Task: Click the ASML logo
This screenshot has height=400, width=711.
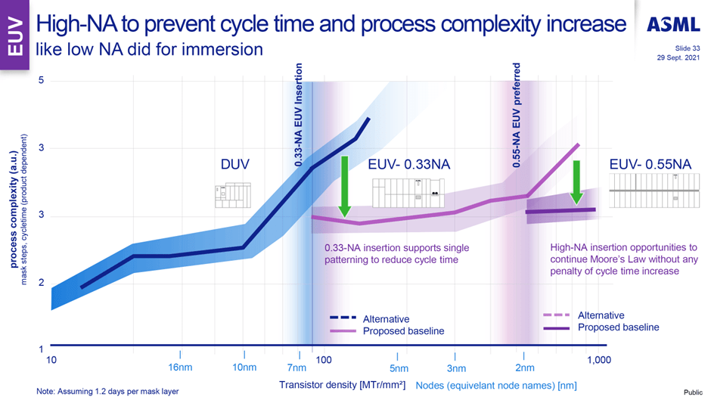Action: [673, 25]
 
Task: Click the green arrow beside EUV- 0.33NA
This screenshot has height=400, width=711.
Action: [344, 186]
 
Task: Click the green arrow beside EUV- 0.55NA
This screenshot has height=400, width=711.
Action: [576, 182]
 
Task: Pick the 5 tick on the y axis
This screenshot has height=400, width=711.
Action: [41, 81]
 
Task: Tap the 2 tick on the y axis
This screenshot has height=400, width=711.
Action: [41, 284]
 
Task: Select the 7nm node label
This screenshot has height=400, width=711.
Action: [297, 368]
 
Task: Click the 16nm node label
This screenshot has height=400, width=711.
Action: [180, 368]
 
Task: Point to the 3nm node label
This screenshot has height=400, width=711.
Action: [455, 368]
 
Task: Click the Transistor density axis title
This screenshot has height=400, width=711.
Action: [342, 385]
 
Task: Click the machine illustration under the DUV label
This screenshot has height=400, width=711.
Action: [231, 195]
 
